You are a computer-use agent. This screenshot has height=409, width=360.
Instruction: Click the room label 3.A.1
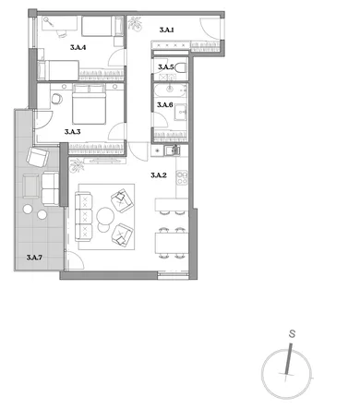click(167, 30)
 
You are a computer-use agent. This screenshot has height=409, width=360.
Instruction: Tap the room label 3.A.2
click(159, 175)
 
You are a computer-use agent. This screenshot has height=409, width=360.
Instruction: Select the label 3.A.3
click(73, 132)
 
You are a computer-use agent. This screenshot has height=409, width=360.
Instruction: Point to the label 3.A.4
click(78, 47)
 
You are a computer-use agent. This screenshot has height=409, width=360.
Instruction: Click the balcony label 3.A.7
click(34, 258)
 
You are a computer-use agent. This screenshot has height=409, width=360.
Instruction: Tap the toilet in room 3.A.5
click(181, 67)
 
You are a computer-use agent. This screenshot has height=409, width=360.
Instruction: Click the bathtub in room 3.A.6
click(170, 90)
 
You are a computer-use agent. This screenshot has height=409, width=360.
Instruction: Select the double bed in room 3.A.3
click(90, 104)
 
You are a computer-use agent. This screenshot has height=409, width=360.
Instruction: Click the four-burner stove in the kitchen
click(182, 177)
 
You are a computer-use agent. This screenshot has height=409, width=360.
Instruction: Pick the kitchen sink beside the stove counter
click(172, 150)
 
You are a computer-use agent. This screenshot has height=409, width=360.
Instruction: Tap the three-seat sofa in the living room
click(83, 216)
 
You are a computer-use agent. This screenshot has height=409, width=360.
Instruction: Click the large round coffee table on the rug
click(105, 216)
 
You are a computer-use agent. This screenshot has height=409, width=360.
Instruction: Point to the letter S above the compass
click(292, 333)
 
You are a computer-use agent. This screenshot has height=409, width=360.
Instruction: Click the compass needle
click(288, 358)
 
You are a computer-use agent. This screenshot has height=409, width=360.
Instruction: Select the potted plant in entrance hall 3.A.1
click(136, 24)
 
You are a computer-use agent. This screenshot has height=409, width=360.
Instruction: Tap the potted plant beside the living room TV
click(77, 165)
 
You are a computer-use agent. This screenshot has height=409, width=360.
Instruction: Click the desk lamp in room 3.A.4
click(49, 22)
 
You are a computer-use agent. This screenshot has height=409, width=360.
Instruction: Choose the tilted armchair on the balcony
click(38, 156)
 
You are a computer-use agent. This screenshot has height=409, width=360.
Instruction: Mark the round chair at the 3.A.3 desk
click(57, 99)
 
